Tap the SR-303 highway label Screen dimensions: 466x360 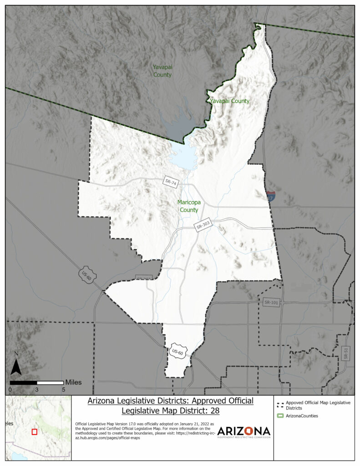[x=203, y=226]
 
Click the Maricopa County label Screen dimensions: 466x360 [x=189, y=206]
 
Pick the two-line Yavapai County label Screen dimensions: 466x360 [x=162, y=71]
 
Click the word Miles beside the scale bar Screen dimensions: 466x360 [x=74, y=382]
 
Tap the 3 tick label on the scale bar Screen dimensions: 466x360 [x=37, y=390]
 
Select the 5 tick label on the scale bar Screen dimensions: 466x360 [x=63, y=390]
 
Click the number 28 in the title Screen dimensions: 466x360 [x=213, y=411]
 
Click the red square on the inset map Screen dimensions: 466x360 [x=34, y=431]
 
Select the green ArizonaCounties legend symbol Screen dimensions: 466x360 [x=280, y=416]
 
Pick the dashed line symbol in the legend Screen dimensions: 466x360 [x=280, y=404]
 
